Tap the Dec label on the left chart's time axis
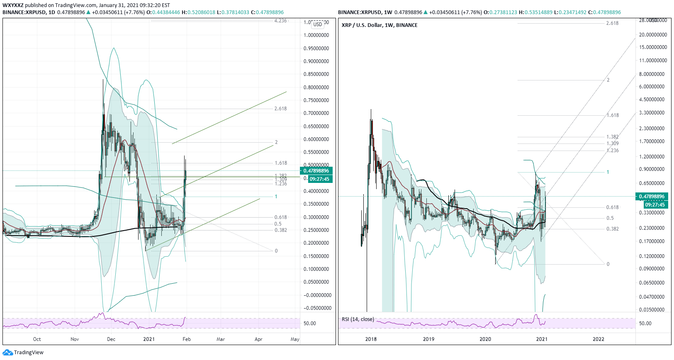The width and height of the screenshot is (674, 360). tap(111, 339)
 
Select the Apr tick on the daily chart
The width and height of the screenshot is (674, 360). tap(258, 339)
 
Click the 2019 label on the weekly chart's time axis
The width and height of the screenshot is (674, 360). tap(428, 339)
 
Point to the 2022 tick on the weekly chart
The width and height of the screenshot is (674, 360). tap(599, 339)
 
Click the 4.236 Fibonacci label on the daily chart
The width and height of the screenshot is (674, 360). tap(280, 21)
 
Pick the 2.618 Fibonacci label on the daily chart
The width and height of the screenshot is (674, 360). tap(280, 109)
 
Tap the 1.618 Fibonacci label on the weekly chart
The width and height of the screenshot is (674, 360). tap(613, 115)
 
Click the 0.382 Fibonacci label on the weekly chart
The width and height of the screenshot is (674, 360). tap(613, 229)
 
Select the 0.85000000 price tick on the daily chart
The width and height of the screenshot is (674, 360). tap(316, 74)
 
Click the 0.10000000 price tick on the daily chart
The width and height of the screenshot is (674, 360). tap(316, 269)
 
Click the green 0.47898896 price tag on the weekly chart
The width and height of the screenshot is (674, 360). tap(652, 197)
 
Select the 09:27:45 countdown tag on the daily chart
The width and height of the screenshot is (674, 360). tap(319, 179)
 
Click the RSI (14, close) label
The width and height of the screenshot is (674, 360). tap(358, 319)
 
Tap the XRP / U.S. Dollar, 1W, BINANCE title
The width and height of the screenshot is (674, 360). tap(380, 25)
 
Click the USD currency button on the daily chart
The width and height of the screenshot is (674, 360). tap(318, 24)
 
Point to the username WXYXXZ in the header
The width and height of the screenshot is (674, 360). tap(13, 5)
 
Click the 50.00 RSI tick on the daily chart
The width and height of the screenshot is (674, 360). tap(310, 324)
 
